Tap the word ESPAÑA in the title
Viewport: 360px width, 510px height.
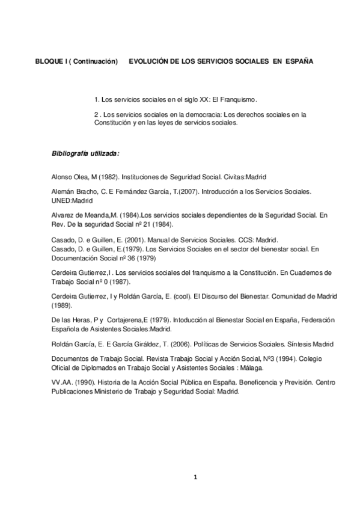299,61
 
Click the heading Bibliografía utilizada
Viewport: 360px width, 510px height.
85,153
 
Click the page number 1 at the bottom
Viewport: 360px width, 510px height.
195,478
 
